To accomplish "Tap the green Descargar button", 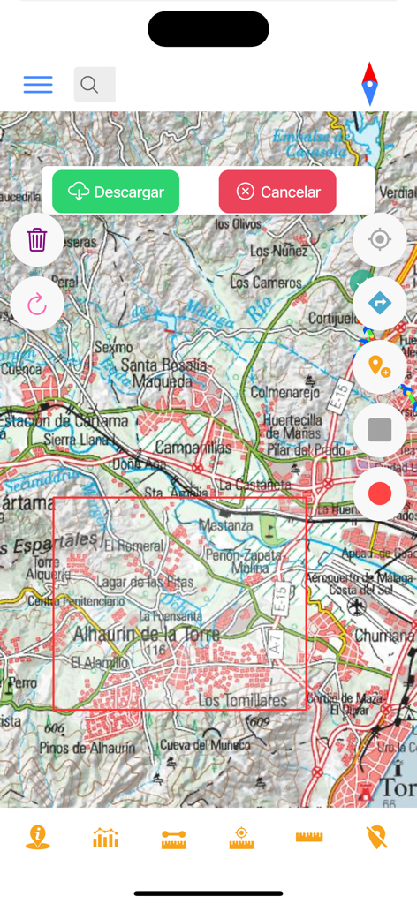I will tap(116, 192).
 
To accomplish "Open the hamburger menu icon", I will tap(38, 85).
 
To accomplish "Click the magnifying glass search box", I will tap(95, 85).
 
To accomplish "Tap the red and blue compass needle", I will tap(369, 85).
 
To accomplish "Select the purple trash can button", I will tap(37, 239).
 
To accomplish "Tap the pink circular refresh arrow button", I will tap(37, 305).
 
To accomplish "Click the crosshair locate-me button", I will tap(380, 239).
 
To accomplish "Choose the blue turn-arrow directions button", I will tap(380, 304).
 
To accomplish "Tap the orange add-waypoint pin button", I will tap(380, 365).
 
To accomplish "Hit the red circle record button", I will tap(380, 493).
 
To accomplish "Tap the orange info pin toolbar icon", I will tap(38, 837).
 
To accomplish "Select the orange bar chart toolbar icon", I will tap(105, 837).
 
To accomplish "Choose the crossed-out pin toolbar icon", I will tap(377, 837).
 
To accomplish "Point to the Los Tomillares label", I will tap(243, 700).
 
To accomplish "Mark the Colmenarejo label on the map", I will tap(283, 388).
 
